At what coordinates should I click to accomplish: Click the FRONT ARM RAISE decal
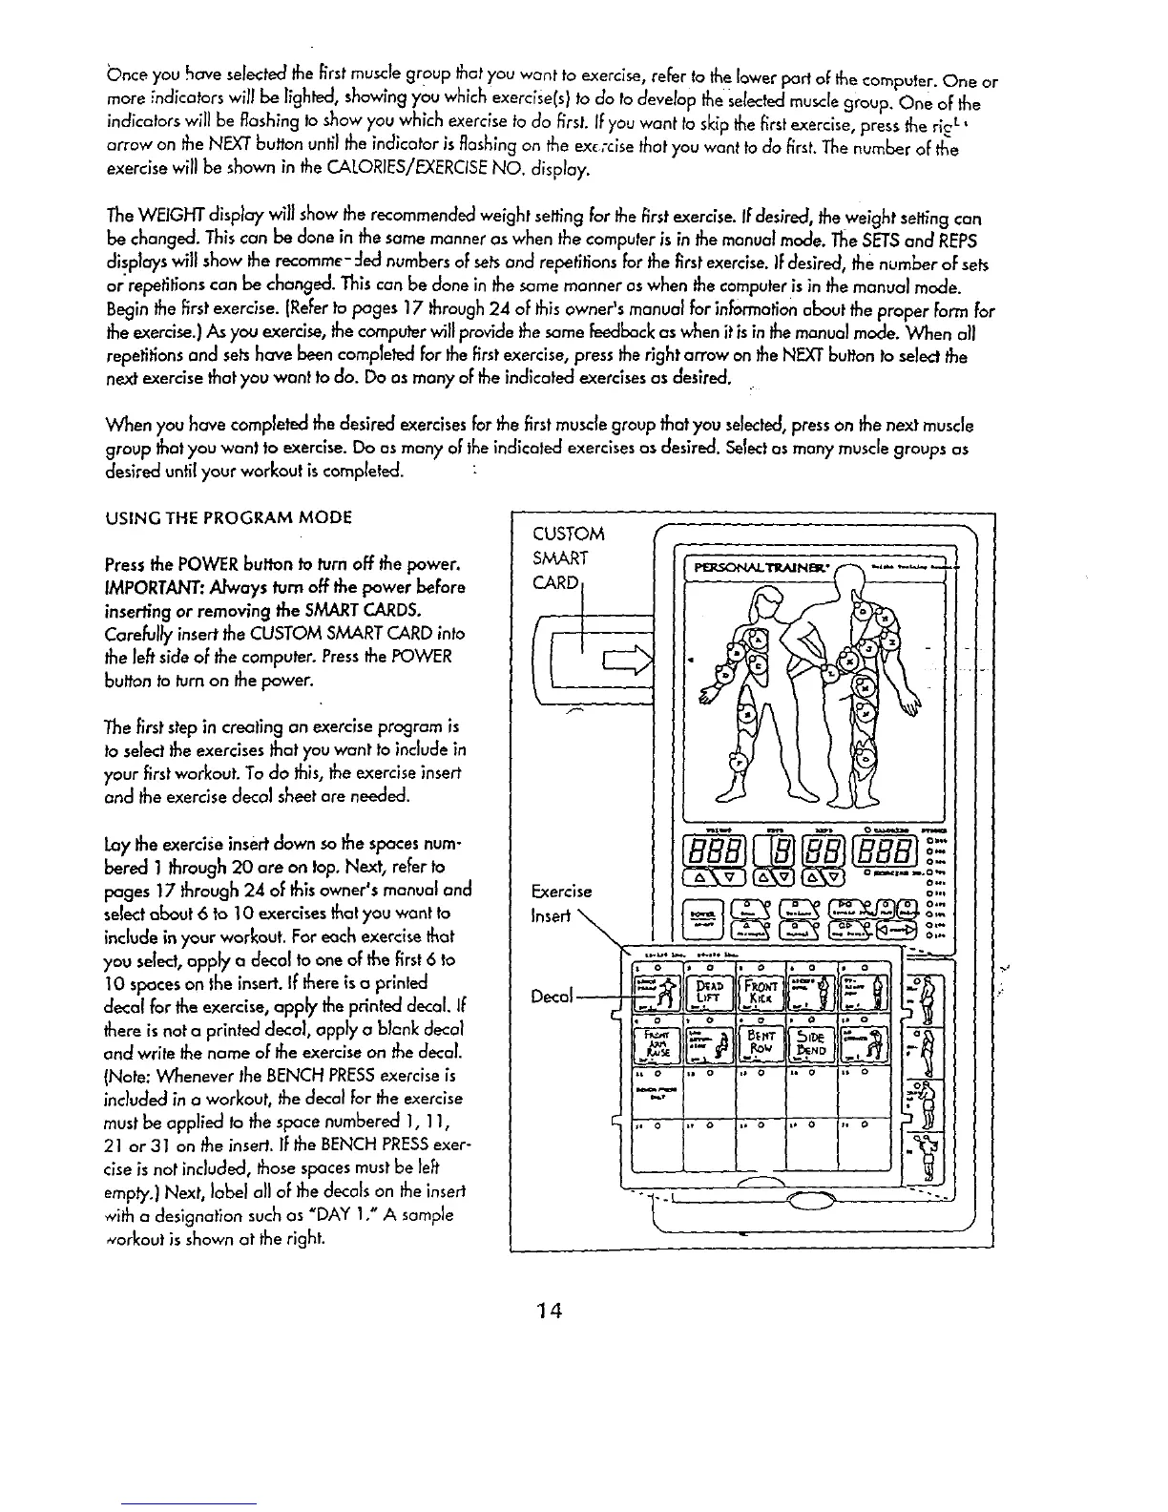point(658,1049)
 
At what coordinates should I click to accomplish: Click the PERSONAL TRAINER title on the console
point(767,570)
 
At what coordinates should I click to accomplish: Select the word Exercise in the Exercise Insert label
point(564,892)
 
